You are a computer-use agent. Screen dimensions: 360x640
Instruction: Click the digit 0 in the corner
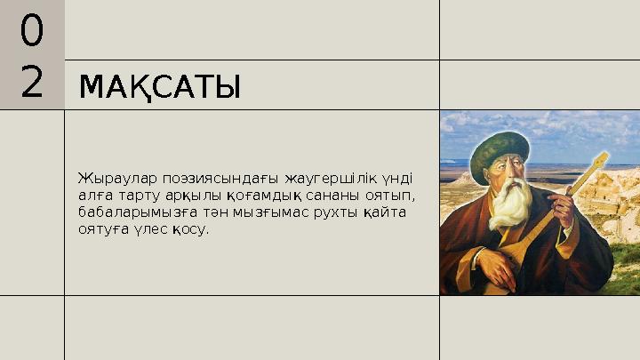[31, 32]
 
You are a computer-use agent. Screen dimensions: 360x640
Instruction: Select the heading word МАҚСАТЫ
[160, 88]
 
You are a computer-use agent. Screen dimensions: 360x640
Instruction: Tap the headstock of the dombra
[598, 162]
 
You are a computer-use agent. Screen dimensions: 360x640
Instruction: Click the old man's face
[508, 178]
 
